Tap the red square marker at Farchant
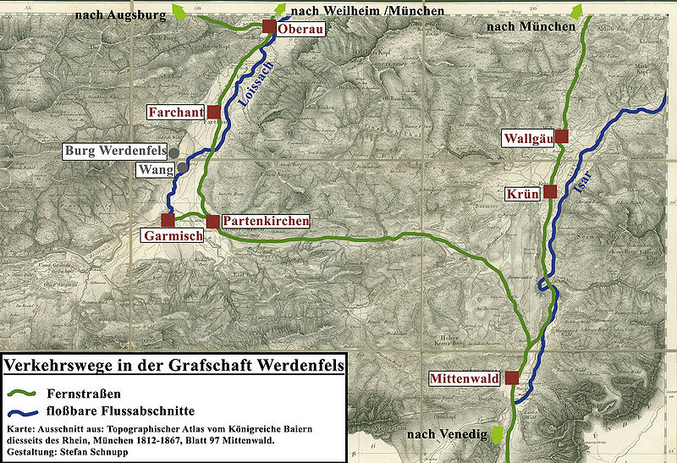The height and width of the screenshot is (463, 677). pos(213,112)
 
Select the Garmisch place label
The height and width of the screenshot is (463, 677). pos(173,236)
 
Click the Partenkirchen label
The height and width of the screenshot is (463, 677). pos(266,221)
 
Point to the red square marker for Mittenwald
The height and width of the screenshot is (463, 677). pos(512,378)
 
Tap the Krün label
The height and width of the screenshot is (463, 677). pos(523,193)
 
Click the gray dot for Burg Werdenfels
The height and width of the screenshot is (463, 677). pos(174,152)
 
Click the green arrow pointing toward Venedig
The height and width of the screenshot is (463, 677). pos(498,433)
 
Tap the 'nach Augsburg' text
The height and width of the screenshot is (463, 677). pos(118,15)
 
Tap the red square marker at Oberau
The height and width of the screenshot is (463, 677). pos(268,27)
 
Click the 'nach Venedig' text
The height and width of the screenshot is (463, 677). pos(446,434)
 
